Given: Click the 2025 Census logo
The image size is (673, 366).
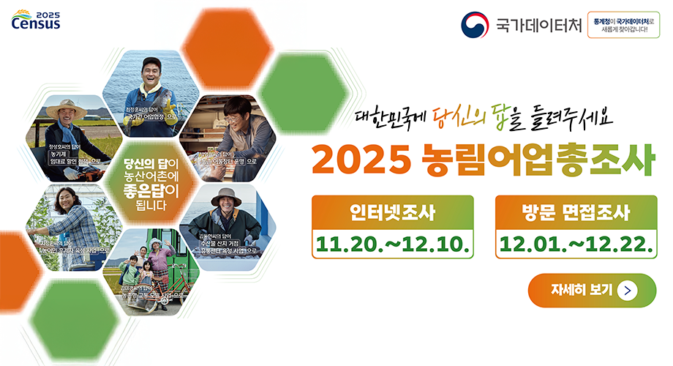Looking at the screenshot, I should [37, 20].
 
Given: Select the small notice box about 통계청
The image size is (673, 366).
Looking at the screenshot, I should [629, 26].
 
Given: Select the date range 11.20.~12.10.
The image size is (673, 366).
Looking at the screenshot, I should [392, 243].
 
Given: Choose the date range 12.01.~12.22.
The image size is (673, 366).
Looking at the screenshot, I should [575, 243].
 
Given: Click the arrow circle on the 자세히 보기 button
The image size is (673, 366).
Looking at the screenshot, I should [627, 290].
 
